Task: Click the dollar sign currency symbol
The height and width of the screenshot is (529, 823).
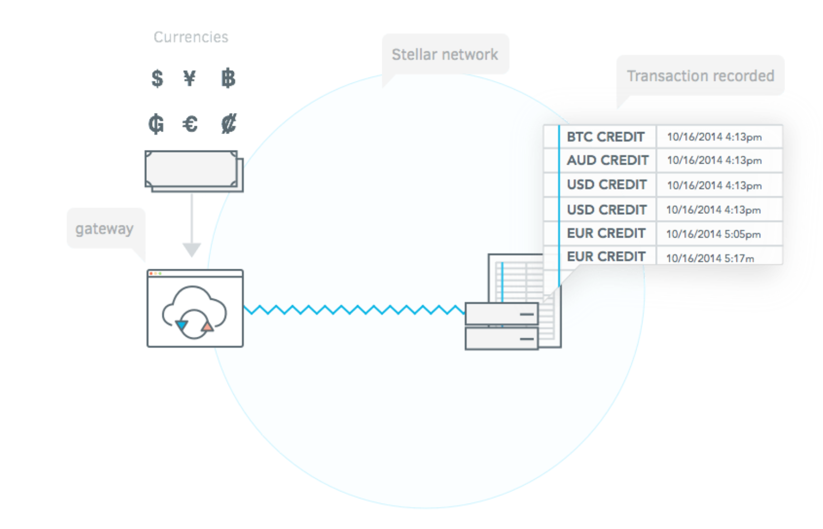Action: coord(157,78)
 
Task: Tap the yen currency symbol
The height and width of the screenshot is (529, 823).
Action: coord(190,78)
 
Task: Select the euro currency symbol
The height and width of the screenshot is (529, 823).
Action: coord(190,124)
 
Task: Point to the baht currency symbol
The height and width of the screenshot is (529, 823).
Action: coord(228,78)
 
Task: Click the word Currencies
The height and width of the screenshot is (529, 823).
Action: coord(191,37)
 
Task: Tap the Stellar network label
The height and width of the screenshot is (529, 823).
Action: coord(445,54)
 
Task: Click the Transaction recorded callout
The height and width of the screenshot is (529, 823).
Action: coord(701,75)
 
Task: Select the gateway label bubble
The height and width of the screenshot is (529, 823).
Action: coord(106,228)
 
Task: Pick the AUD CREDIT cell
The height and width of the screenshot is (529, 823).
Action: coord(607,160)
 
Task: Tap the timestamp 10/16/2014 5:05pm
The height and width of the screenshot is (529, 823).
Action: coord(714,234)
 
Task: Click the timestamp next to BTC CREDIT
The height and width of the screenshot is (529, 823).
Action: coord(714,137)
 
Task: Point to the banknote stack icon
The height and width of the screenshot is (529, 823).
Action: coord(194,171)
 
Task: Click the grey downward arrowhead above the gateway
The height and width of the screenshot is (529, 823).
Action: coord(192,249)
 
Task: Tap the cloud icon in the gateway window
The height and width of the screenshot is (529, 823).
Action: coord(194,312)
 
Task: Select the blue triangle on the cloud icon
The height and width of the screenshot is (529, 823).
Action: coord(182,325)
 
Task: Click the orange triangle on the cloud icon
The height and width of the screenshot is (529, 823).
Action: coord(207,326)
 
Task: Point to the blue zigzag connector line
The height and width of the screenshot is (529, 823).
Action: coord(354,310)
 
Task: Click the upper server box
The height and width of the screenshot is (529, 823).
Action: coord(502,314)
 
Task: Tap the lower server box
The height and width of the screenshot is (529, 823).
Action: coord(502,338)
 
